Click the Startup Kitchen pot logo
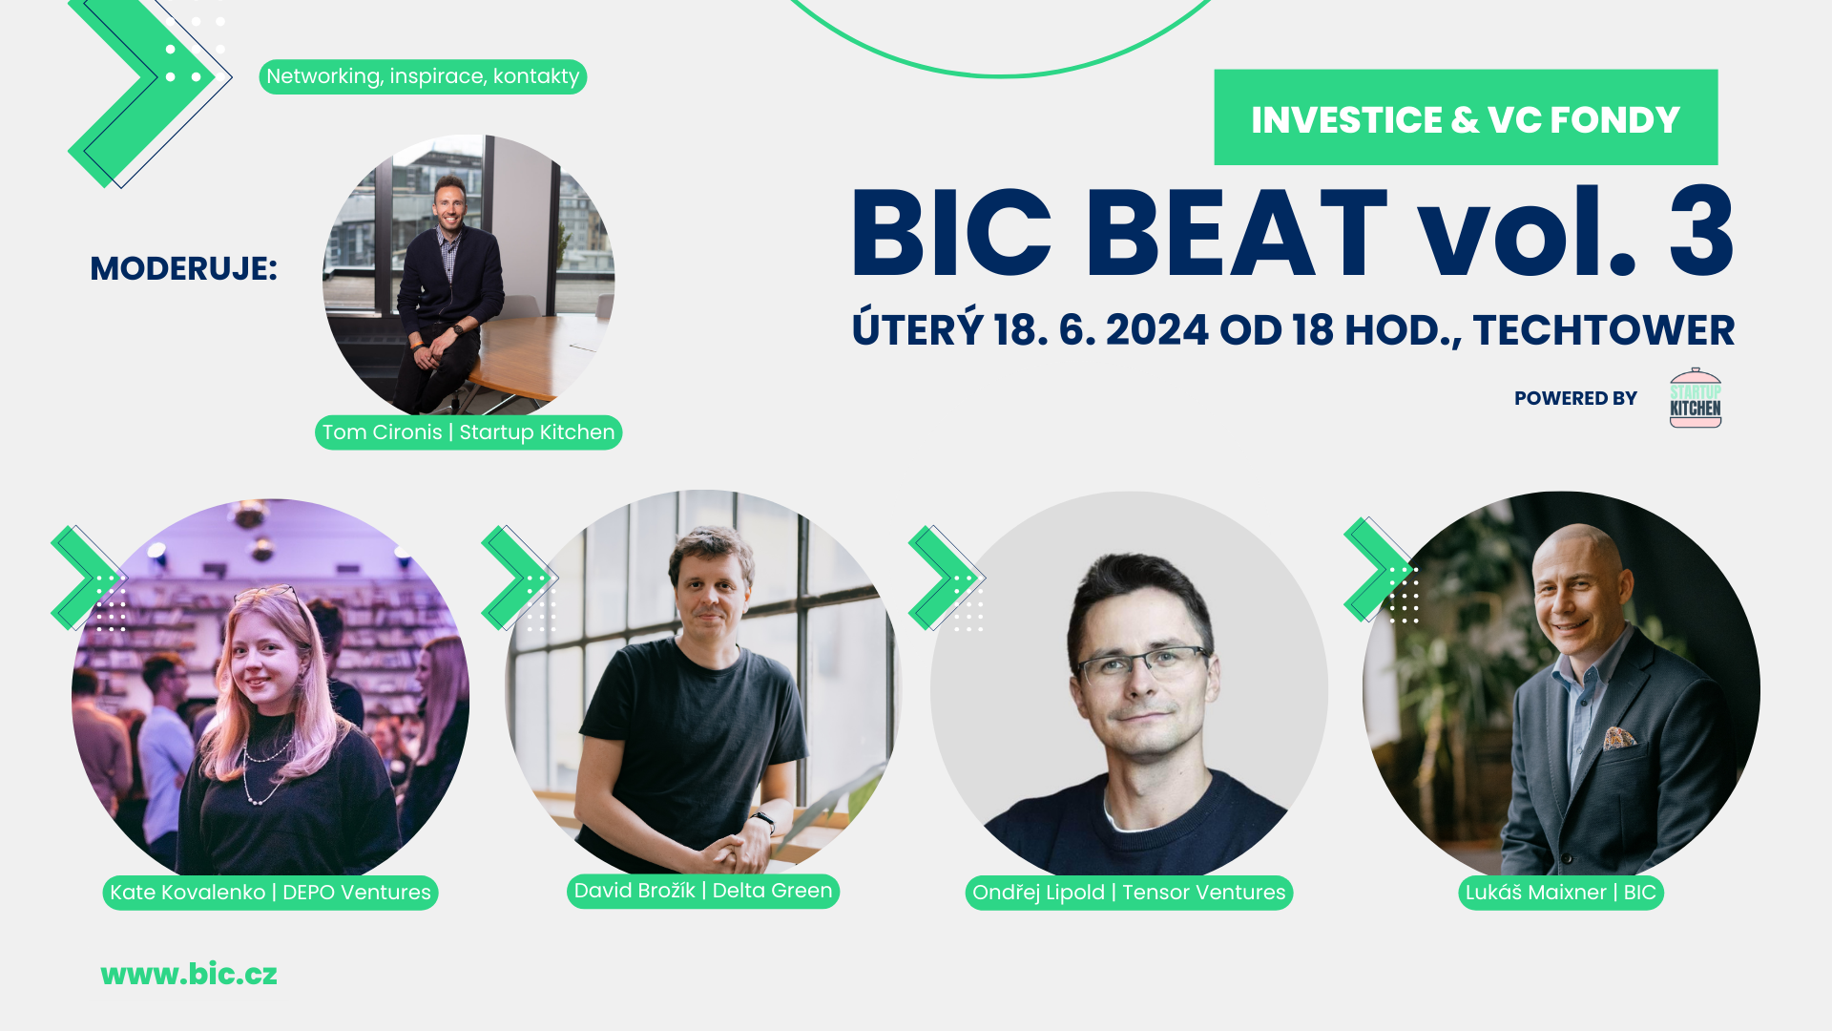(x=1696, y=398)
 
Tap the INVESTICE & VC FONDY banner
(x=1466, y=118)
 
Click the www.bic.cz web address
(x=189, y=974)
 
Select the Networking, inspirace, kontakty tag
(x=423, y=76)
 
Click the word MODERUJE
(x=183, y=268)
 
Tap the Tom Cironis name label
(x=468, y=432)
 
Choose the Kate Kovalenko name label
(x=270, y=893)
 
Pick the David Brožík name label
(x=703, y=891)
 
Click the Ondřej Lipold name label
(x=1129, y=893)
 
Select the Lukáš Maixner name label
(x=1560, y=893)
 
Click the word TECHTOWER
(x=1603, y=330)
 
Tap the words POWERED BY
(x=1575, y=398)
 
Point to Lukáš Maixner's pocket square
(x=1619, y=737)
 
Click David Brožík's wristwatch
(x=763, y=819)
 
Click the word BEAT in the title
(x=1236, y=234)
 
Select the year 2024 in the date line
(x=1156, y=330)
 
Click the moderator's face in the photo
(x=449, y=204)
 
